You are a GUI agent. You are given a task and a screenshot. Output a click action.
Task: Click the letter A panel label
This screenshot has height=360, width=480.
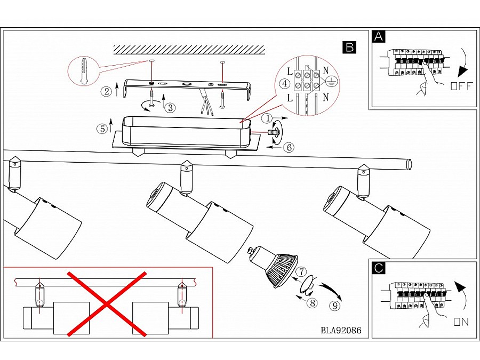tap(378, 36)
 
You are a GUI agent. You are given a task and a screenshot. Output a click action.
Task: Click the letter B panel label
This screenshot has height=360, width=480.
tap(349, 47)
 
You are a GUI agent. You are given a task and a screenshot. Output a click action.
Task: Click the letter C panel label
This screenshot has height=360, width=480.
tap(378, 268)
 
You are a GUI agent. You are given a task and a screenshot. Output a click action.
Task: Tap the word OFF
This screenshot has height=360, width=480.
tap(462, 86)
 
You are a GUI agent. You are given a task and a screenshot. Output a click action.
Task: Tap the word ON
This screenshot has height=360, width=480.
tap(461, 322)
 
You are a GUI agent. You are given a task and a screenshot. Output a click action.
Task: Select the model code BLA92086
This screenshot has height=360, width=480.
tap(341, 330)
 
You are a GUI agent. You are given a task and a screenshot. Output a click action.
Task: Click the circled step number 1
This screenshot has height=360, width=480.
tap(268, 118)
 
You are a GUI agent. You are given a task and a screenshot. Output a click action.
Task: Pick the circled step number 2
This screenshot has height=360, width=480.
tap(106, 91)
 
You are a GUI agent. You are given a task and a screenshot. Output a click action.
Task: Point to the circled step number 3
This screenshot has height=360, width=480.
tap(171, 107)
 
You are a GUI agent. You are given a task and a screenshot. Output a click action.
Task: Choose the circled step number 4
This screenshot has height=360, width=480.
tap(285, 83)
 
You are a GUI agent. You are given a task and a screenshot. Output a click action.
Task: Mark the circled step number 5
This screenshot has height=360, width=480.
tap(102, 129)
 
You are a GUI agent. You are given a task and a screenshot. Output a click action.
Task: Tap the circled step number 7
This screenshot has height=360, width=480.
tap(301, 271)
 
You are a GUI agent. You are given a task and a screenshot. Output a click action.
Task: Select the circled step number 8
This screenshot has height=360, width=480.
tap(313, 303)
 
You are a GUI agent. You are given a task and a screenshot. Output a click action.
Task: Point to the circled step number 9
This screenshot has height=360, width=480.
tap(334, 306)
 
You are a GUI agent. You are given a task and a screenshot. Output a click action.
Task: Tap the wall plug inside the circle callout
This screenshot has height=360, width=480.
tap(84, 70)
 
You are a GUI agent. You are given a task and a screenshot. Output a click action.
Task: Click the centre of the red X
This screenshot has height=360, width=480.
tap(107, 303)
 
